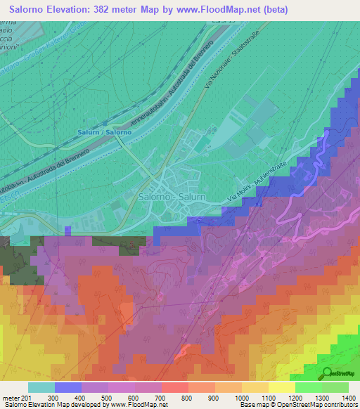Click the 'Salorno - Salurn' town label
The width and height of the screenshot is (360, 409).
tap(172, 197)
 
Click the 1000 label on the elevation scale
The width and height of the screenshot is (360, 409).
tap(241, 398)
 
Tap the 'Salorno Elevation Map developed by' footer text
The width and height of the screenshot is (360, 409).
tap(53, 405)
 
